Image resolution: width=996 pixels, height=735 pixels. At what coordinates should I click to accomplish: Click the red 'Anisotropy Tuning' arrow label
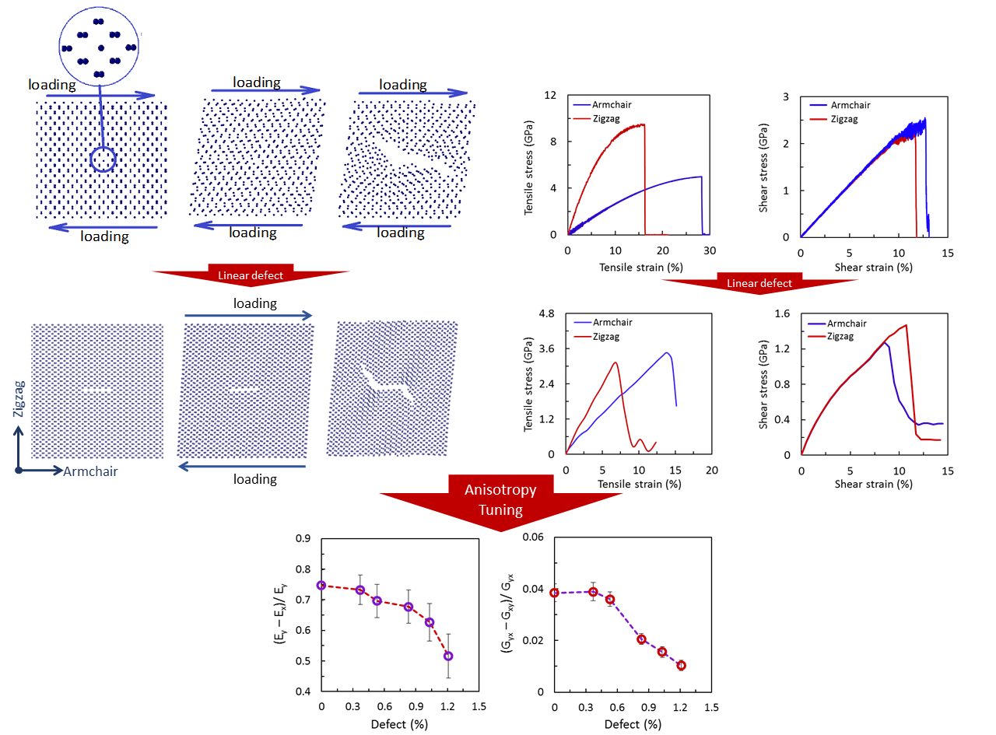click(x=500, y=499)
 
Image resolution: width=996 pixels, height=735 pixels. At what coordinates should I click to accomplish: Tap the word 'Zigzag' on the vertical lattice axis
click(x=19, y=398)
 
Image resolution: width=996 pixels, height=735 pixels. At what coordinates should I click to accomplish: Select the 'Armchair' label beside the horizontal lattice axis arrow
click(x=90, y=471)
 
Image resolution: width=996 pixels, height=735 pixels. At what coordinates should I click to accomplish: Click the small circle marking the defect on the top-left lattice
click(x=103, y=159)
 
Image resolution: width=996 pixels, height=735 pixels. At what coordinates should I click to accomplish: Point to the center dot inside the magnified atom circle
click(x=100, y=47)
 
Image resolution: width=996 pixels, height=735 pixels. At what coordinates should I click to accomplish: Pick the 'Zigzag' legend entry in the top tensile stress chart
click(x=606, y=118)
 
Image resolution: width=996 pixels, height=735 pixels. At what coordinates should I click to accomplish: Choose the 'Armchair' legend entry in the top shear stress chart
click(x=850, y=105)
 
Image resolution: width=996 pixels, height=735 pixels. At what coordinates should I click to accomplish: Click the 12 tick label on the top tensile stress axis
click(x=549, y=95)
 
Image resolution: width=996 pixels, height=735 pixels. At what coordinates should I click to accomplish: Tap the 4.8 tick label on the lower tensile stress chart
click(x=546, y=313)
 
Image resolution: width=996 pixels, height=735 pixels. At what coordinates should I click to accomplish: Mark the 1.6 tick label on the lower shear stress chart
click(x=782, y=313)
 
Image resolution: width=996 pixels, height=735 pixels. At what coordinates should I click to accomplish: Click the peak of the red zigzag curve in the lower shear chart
click(x=906, y=325)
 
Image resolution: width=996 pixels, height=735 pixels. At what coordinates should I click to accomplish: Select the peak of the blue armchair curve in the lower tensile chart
click(x=667, y=353)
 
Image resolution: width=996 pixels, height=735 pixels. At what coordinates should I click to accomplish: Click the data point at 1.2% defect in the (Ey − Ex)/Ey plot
click(x=447, y=656)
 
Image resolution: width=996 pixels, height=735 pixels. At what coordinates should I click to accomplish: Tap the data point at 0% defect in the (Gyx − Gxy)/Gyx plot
click(x=554, y=593)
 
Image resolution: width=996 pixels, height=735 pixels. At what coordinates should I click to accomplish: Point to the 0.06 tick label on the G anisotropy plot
click(x=532, y=537)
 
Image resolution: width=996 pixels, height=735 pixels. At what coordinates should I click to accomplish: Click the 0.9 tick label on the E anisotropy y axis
click(x=303, y=538)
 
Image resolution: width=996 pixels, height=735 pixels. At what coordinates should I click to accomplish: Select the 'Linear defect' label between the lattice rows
click(x=251, y=275)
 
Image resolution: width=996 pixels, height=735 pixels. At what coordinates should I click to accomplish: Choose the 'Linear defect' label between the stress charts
click(x=759, y=283)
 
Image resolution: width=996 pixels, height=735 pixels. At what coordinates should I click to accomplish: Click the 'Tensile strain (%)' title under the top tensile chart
click(x=641, y=267)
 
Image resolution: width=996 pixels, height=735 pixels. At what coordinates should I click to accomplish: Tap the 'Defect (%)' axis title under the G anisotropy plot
click(x=633, y=724)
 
